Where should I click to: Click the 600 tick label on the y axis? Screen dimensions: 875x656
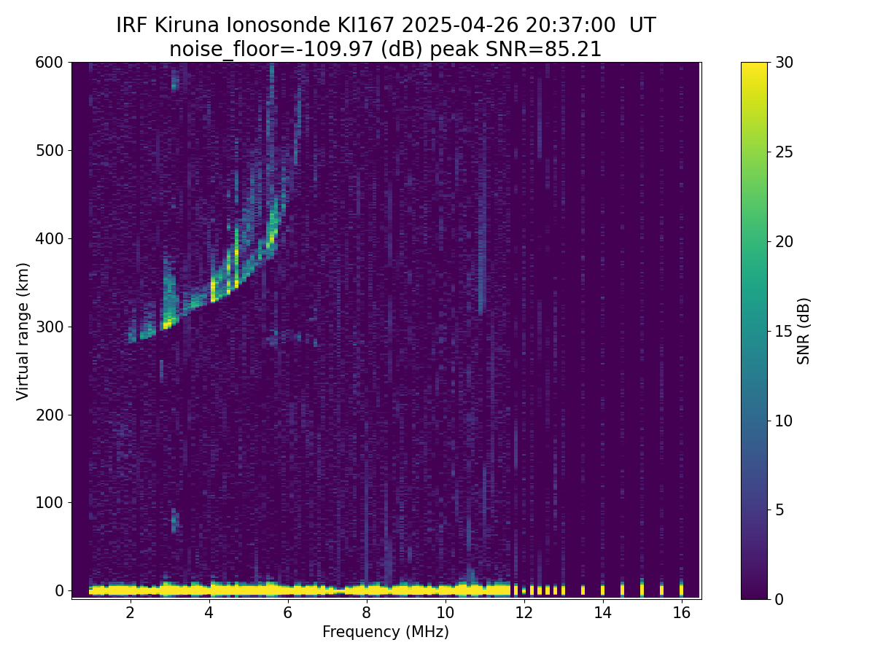click(49, 63)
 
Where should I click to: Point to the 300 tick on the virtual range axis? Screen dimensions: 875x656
click(69, 327)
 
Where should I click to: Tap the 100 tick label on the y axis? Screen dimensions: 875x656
click(49, 503)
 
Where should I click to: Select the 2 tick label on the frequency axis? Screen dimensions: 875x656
click(130, 612)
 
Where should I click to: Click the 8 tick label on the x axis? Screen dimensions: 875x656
click(366, 612)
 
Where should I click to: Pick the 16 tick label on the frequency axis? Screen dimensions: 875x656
click(682, 612)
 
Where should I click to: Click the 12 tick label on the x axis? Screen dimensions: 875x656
click(524, 612)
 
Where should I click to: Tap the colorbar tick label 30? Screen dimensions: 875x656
click(784, 63)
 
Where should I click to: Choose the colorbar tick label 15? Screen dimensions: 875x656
click(784, 331)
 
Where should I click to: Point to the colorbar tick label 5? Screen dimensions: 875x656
click(779, 509)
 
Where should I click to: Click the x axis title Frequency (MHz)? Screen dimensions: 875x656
click(386, 632)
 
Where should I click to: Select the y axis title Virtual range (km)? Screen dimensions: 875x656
click(23, 332)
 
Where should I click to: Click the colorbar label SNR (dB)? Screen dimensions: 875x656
click(803, 331)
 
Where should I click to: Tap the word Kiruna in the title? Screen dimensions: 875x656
click(187, 26)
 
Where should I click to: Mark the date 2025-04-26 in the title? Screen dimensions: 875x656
click(459, 26)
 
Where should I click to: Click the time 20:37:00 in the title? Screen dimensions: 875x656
click(570, 26)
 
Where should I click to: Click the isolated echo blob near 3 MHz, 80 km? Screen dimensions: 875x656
click(174, 520)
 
